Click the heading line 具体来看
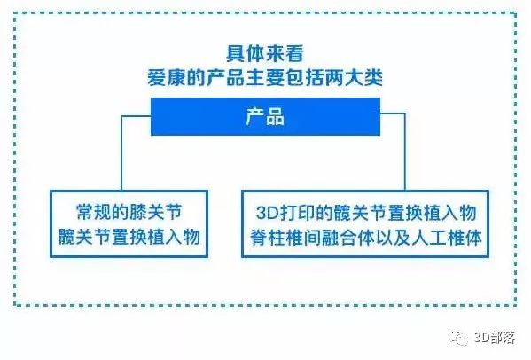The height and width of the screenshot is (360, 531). [265, 53]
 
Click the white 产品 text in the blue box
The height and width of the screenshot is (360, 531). [265, 116]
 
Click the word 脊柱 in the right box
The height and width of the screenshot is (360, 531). [269, 238]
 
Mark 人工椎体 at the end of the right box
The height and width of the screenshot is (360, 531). [447, 238]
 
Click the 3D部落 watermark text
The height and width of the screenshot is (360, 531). [496, 338]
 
